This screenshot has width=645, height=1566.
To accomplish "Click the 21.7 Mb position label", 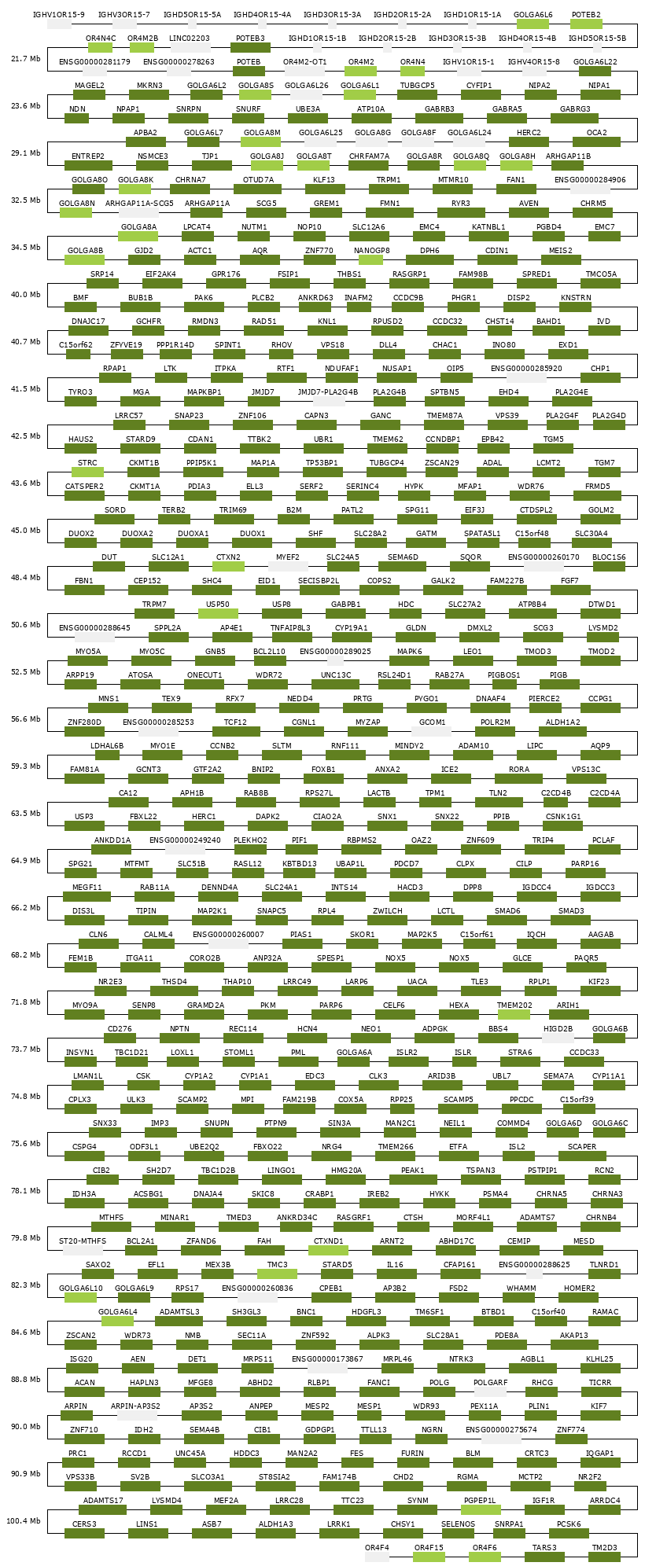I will point(26,59).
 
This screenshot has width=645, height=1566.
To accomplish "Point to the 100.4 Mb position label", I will point(24,1521).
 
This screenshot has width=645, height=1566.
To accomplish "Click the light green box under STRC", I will point(87,472).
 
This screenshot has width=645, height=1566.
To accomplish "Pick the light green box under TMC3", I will point(277,1274).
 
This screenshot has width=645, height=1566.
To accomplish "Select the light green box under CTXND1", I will point(328,1251).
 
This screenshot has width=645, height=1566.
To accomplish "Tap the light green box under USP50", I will point(218,614).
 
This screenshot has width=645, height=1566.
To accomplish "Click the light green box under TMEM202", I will point(514,1015).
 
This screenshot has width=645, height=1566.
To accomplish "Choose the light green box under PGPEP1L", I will point(481,1510).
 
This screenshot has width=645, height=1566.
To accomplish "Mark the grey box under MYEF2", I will point(288,567).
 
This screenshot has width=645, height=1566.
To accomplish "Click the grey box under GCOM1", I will point(432,732).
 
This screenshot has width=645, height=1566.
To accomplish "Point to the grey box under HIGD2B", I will point(558,1038).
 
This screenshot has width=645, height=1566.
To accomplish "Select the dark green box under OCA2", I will point(596,142).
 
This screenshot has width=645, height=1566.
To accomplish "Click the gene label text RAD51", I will point(264,322).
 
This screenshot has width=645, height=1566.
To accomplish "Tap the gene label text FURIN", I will point(412,1454).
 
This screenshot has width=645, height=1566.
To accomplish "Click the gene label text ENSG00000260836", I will point(257,1288).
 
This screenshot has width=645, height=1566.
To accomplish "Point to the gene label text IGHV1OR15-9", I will point(59,15).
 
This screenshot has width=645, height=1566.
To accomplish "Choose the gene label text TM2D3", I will point(604,1548).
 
